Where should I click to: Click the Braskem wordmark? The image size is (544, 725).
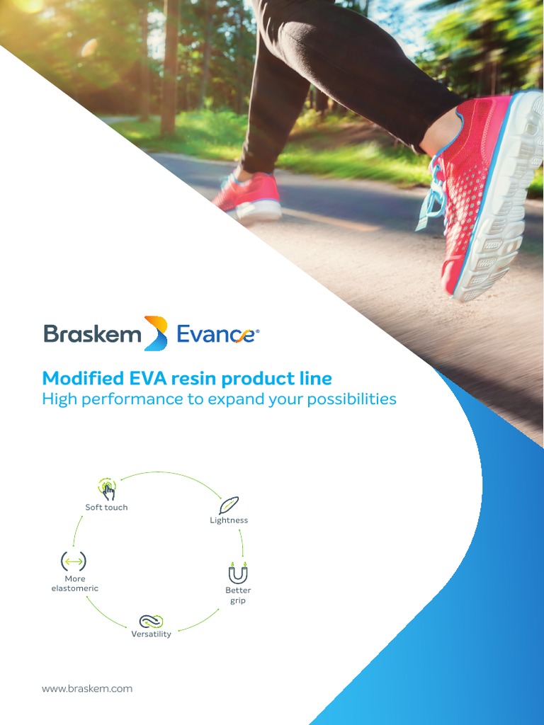pyautogui.click(x=92, y=333)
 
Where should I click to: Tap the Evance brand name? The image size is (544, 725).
pyautogui.click(x=216, y=334)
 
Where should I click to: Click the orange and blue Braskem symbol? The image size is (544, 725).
pyautogui.click(x=156, y=333)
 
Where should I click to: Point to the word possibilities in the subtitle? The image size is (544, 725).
pyautogui.click(x=350, y=399)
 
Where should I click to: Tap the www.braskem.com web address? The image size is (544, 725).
pyautogui.click(x=87, y=688)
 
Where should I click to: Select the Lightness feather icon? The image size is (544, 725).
pyautogui.click(x=229, y=505)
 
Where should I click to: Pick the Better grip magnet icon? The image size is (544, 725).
pyautogui.click(x=238, y=572)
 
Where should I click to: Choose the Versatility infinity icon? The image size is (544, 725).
pyautogui.click(x=151, y=621)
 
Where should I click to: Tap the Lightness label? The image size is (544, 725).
pyautogui.click(x=229, y=520)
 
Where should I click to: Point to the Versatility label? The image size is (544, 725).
pyautogui.click(x=151, y=634)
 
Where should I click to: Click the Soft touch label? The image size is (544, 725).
pyautogui.click(x=106, y=508)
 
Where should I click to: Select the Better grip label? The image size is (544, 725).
pyautogui.click(x=238, y=595)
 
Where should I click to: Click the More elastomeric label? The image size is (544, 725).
pyautogui.click(x=75, y=583)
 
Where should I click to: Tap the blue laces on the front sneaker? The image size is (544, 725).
pyautogui.click(x=433, y=191)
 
